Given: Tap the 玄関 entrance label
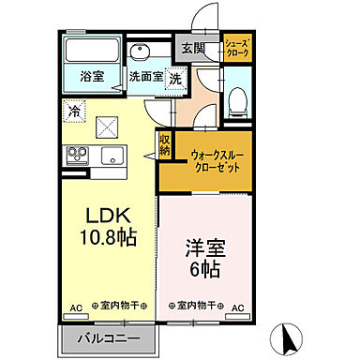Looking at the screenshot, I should tap(191, 49).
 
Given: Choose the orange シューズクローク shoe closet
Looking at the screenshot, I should tap(236, 48).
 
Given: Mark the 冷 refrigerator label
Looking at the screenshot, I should tap(74, 112).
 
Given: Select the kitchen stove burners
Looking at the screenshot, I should tap(77, 154).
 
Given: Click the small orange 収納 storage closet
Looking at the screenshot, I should tap(164, 146).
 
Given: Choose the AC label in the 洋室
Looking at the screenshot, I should tap(238, 307).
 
